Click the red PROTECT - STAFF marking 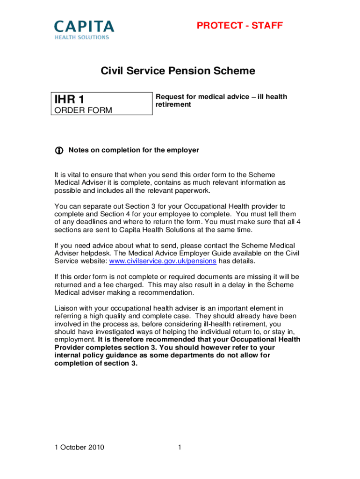pyautogui.click(x=239, y=25)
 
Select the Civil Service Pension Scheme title pyautogui.click(x=178, y=71)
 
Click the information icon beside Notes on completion pyautogui.click(x=59, y=151)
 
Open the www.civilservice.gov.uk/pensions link pyautogui.click(x=162, y=261)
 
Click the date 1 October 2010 pyautogui.click(x=79, y=447)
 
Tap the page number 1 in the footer pyautogui.click(x=179, y=447)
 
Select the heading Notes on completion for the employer pyautogui.click(x=134, y=150)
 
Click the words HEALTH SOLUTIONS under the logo pyautogui.click(x=82, y=37)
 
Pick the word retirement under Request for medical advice pyautogui.click(x=173, y=104)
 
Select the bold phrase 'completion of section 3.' pyautogui.click(x=96, y=363)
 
